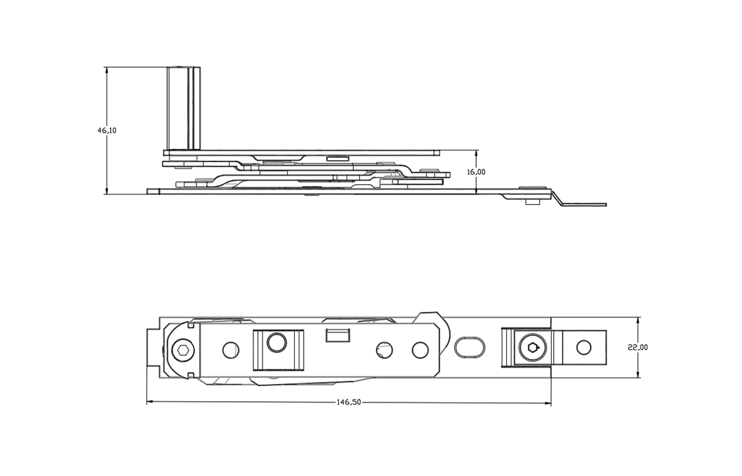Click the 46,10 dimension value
(x=107, y=131)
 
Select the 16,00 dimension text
(x=476, y=172)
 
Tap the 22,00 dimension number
(x=638, y=348)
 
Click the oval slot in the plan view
(x=470, y=346)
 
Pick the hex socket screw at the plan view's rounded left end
(x=181, y=351)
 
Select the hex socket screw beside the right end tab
(x=531, y=348)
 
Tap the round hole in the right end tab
(x=583, y=348)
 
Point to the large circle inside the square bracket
(x=276, y=341)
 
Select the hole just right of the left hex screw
(x=230, y=350)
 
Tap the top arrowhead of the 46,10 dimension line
(x=107, y=69)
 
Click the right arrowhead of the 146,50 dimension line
(x=549, y=403)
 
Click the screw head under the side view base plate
(x=530, y=201)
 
